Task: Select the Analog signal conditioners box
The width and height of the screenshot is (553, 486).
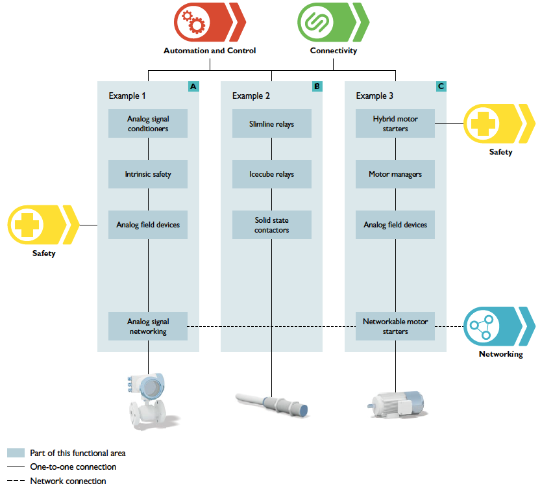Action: pyautogui.click(x=148, y=123)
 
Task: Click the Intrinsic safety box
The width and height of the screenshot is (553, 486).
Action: pyautogui.click(x=148, y=174)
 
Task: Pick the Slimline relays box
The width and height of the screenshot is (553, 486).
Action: pyautogui.click(x=271, y=123)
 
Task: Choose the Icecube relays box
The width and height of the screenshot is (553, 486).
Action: pyautogui.click(x=271, y=174)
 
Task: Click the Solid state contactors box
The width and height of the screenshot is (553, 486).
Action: pyautogui.click(x=271, y=225)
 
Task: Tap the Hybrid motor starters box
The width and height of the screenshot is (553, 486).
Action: pyautogui.click(x=395, y=123)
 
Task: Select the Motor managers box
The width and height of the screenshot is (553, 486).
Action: pyautogui.click(x=395, y=174)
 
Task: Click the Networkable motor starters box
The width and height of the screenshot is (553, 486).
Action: pyautogui.click(x=395, y=326)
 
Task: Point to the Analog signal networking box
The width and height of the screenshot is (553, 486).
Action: pyautogui.click(x=148, y=326)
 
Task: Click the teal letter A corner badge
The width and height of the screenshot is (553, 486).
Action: pyautogui.click(x=193, y=86)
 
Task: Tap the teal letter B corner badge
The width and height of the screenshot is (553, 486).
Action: pyautogui.click(x=317, y=86)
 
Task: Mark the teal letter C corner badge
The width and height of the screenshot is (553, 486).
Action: pyautogui.click(x=441, y=86)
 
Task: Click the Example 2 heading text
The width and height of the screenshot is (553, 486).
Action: pyautogui.click(x=251, y=96)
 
